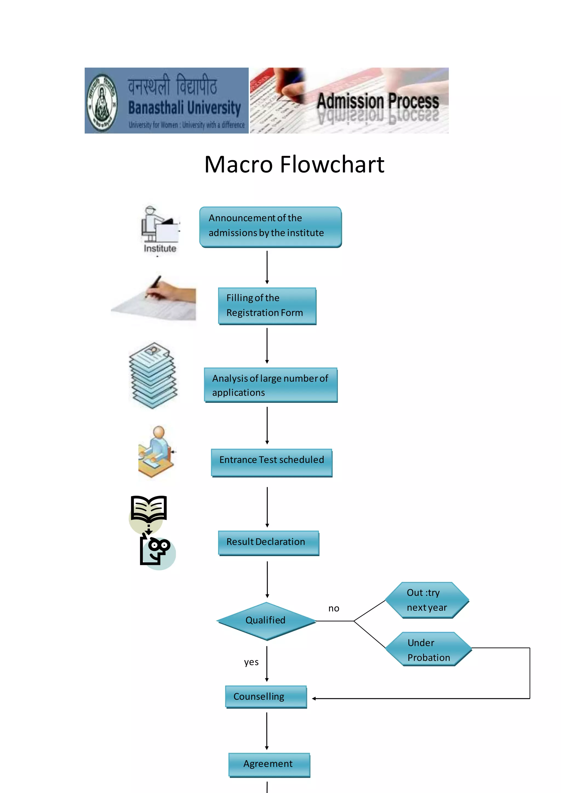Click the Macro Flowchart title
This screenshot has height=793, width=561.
point(294,164)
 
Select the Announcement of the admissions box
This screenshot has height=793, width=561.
point(270,226)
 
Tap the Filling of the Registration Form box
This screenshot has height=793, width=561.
point(267,306)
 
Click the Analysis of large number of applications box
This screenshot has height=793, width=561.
point(270,385)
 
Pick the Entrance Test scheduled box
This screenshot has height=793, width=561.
point(271,462)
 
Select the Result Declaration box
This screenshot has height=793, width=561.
point(268,543)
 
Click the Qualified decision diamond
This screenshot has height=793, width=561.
point(266,621)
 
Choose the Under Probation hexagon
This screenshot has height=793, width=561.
point(428,649)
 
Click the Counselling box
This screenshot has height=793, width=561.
point(266,697)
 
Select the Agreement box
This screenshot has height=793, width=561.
point(269,764)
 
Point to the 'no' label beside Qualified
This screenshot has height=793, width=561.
point(334,608)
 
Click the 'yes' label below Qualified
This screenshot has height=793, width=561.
point(251,662)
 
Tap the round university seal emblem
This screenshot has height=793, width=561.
point(102,102)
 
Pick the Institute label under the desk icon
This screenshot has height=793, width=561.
point(160,248)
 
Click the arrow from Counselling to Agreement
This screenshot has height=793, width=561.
point(267,731)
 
